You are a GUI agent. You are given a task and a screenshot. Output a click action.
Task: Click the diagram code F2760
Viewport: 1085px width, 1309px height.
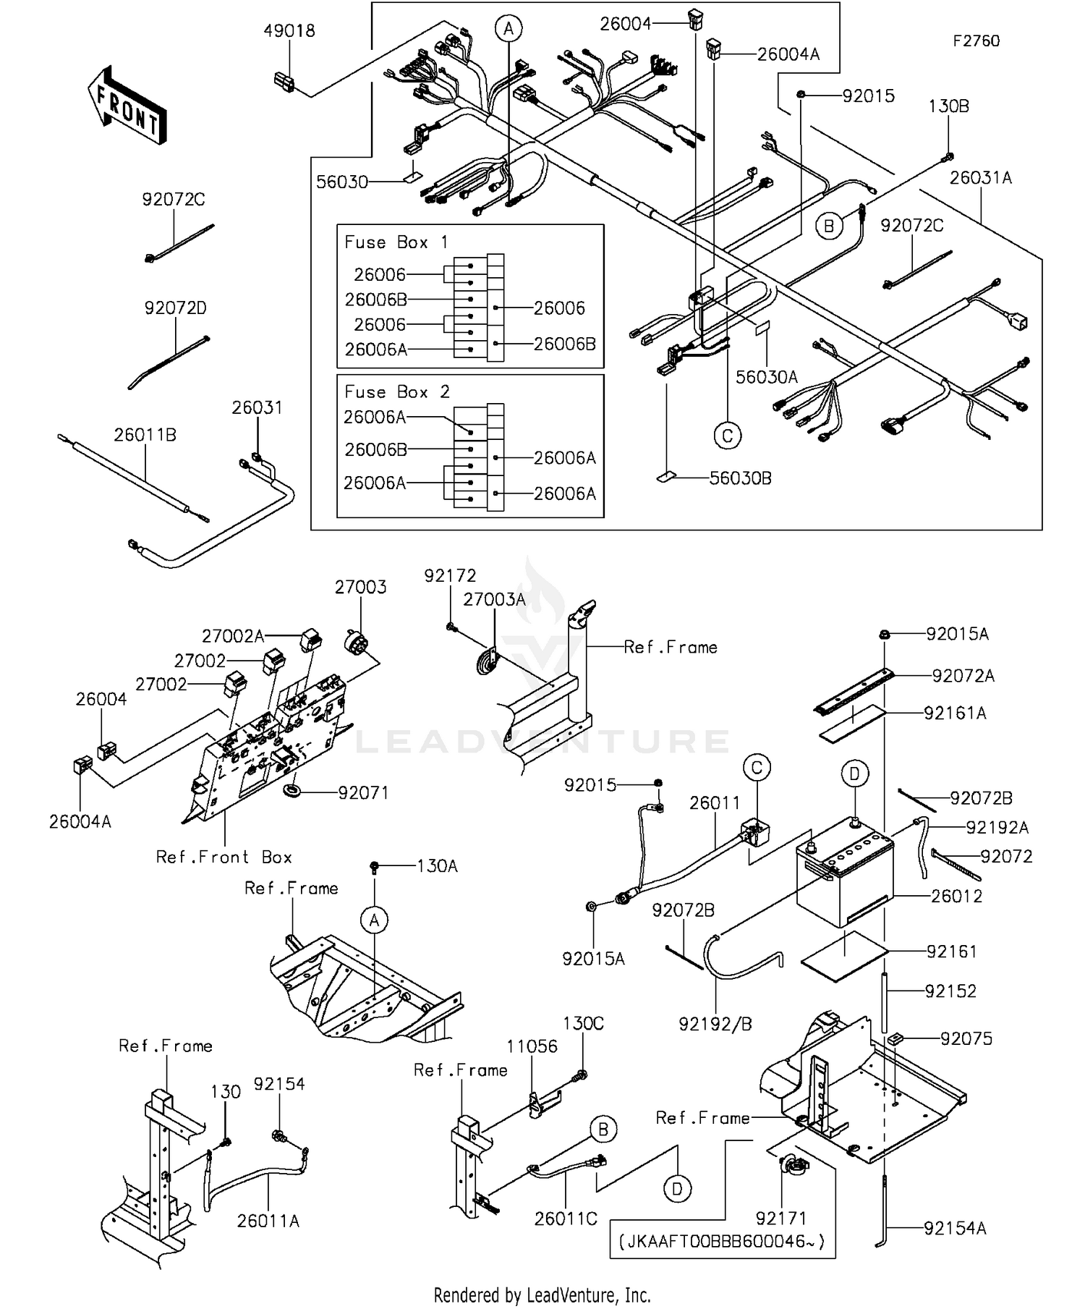tap(975, 41)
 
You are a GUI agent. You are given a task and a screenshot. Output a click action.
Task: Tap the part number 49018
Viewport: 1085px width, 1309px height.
tap(289, 31)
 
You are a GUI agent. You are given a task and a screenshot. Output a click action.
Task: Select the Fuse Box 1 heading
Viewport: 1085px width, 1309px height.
tap(396, 242)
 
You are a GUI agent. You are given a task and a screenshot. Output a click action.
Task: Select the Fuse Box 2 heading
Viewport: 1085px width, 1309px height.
tap(396, 392)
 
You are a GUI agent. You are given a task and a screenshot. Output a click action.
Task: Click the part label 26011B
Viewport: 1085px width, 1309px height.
tap(145, 435)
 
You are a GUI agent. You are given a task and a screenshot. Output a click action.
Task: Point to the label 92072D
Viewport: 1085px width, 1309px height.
tap(175, 308)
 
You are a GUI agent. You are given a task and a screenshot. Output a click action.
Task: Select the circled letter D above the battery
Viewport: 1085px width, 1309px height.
tap(854, 774)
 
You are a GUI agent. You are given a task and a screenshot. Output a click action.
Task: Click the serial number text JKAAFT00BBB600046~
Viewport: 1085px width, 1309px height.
tap(721, 1242)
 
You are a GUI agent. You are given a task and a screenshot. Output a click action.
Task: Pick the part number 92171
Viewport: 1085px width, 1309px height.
tap(780, 1218)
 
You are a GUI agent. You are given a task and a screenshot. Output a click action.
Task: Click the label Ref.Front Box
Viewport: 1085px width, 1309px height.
tap(224, 857)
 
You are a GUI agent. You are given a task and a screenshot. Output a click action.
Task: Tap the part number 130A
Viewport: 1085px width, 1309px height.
tap(437, 866)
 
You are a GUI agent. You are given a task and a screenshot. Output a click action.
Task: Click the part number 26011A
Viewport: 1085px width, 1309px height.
tap(268, 1221)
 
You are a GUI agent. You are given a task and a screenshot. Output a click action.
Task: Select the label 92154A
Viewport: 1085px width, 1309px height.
tap(954, 1228)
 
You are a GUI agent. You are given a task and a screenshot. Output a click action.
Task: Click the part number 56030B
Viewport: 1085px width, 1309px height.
tap(740, 478)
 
